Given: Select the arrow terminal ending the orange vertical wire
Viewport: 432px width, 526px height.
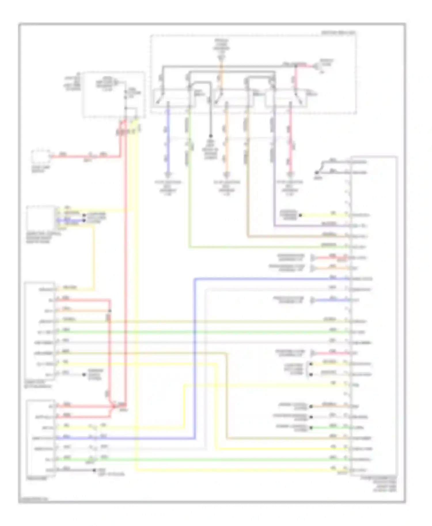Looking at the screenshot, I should click(227, 174).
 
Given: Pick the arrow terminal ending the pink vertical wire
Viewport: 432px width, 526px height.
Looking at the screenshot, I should click(290, 174).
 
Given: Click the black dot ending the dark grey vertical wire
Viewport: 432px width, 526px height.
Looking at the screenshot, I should click(211, 136).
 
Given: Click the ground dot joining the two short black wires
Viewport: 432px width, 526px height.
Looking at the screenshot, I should click(317, 173).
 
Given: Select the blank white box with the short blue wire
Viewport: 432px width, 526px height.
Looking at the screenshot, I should click(40, 217).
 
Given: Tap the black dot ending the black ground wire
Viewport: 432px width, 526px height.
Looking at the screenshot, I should click(94, 470).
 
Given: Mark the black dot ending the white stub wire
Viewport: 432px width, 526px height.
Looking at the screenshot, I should click(84, 375).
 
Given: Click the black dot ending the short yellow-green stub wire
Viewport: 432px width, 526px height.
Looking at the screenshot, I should click(300, 215).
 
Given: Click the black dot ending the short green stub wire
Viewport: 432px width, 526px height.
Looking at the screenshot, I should click(311, 428).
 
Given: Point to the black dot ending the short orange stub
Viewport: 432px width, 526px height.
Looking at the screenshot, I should click(311, 406).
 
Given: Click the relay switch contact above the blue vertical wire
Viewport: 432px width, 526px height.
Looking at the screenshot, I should click(160, 98).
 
